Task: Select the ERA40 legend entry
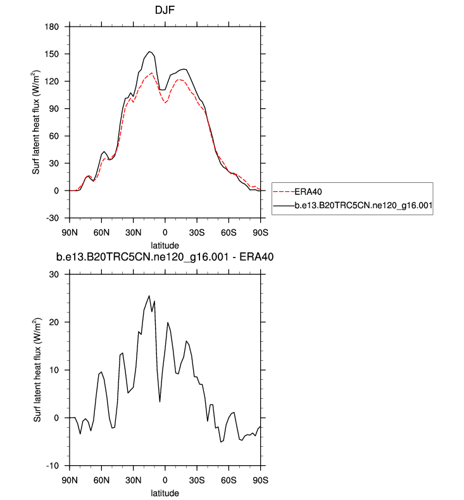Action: point(310,190)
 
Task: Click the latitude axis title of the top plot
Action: point(165,245)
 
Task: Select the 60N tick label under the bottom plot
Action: point(101,478)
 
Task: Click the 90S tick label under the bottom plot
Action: point(261,478)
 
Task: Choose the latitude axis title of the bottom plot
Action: point(165,492)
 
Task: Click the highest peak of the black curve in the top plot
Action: point(150,52)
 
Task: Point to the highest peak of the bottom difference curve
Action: point(149,296)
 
